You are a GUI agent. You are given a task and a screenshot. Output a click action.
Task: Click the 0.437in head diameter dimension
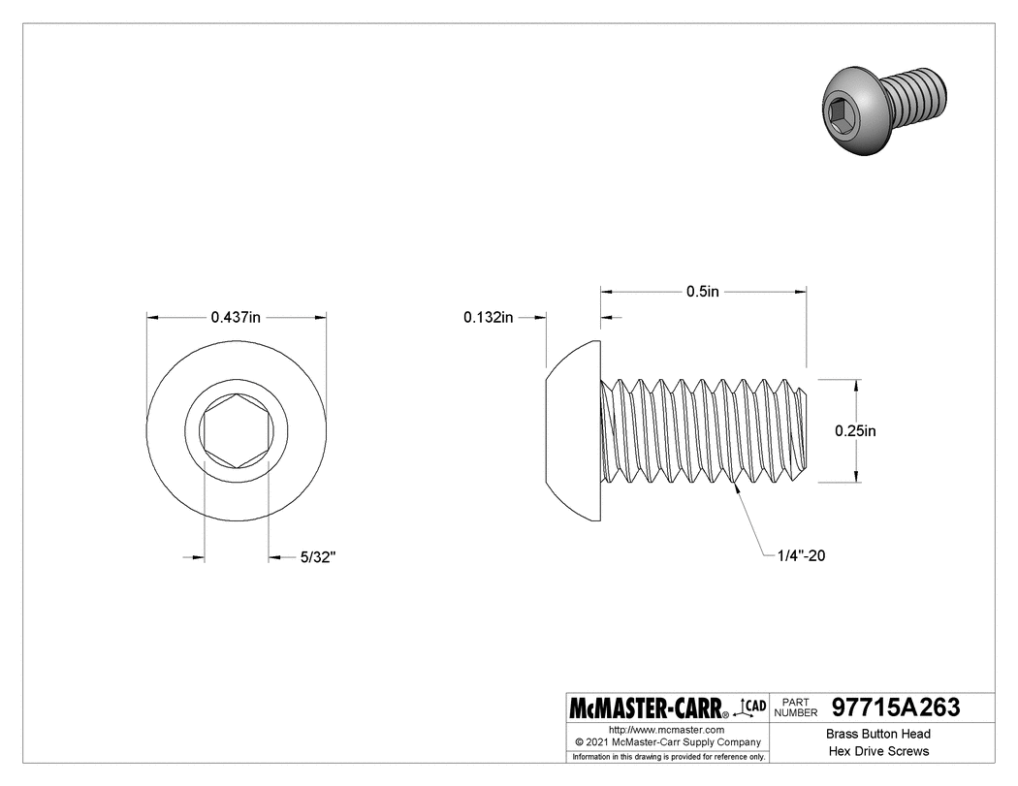pyautogui.click(x=237, y=317)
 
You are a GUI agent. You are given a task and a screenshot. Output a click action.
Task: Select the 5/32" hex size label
pyautogui.click(x=317, y=557)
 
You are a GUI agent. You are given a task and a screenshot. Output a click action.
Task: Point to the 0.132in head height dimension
pyautogui.click(x=489, y=317)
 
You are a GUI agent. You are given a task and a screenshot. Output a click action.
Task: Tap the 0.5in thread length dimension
pyautogui.click(x=703, y=291)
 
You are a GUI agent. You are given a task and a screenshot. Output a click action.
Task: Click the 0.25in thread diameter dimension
pyautogui.click(x=855, y=431)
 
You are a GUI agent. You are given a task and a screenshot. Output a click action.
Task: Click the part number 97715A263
pyautogui.click(x=897, y=708)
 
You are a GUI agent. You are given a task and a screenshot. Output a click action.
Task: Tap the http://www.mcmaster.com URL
pyautogui.click(x=667, y=729)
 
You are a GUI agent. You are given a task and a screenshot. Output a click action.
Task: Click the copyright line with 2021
pyautogui.click(x=667, y=741)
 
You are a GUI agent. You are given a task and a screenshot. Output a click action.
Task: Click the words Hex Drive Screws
pyautogui.click(x=877, y=751)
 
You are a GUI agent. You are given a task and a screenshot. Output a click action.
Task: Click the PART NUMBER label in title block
pyautogui.click(x=798, y=707)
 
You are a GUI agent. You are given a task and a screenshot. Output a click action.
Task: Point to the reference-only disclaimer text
pyautogui.click(x=669, y=756)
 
